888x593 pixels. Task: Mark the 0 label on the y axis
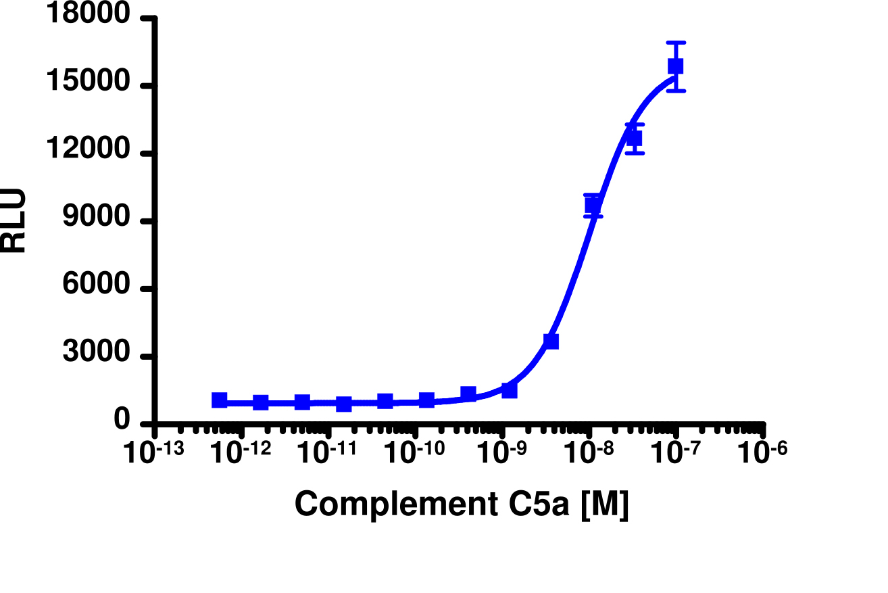point(122,421)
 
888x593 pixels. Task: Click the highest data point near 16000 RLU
point(675,66)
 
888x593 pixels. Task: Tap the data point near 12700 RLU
point(634,139)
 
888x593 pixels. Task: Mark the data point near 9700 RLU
point(593,205)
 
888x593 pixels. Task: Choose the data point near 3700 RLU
point(551,341)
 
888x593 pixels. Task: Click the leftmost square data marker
point(219,400)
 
